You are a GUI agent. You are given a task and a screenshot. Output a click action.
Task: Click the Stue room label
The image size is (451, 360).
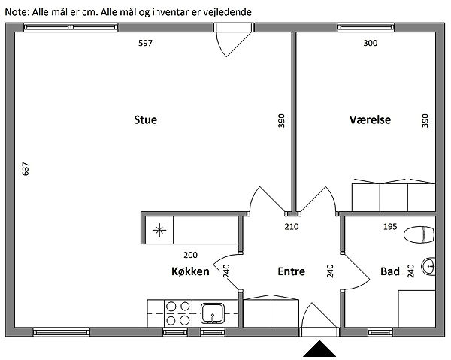[145, 119]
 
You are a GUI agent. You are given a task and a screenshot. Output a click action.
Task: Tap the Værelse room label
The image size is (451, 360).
[370, 119]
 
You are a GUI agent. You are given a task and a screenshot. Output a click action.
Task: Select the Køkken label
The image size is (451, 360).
[190, 271]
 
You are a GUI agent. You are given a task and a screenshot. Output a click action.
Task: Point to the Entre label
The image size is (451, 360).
[291, 271]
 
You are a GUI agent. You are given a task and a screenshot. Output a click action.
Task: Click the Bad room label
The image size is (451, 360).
[390, 271]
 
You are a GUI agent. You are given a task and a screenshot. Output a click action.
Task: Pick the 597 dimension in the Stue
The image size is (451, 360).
[145, 43]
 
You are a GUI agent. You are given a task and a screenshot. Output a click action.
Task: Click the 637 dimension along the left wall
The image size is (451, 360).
[26, 169]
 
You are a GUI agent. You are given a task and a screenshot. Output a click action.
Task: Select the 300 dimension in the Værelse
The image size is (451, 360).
[370, 43]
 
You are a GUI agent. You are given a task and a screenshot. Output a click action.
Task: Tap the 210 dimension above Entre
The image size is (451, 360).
[292, 227]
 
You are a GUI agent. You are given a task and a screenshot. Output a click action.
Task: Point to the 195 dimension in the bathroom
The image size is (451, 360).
[390, 227]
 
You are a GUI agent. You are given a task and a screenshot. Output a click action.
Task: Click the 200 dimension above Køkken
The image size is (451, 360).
[190, 255]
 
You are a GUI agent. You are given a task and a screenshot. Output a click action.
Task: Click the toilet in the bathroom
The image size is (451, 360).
[419, 234]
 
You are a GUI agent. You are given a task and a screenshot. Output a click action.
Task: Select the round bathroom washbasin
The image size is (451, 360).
[428, 266]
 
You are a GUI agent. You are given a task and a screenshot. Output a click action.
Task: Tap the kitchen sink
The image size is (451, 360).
[213, 313]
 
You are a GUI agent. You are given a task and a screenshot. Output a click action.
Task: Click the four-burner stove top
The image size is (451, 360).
[177, 313]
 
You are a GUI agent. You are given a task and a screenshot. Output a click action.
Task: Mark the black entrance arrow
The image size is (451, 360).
[319, 349]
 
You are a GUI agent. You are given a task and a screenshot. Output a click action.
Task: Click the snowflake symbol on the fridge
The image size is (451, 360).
[159, 230]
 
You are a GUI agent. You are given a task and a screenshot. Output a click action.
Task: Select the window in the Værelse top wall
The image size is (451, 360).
[366, 27]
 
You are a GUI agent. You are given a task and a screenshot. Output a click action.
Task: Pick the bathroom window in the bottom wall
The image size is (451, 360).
[380, 333]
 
